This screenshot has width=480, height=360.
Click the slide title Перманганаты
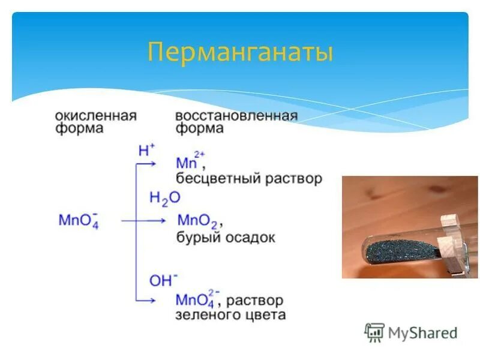pos(239,52)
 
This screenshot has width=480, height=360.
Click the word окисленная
pos(95,115)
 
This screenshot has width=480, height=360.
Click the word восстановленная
pos(236,115)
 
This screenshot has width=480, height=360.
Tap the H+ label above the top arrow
pos(146,151)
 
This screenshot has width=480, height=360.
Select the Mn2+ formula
pos(191,162)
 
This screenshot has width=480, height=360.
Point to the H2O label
pos(164,198)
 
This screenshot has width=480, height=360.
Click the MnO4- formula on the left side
pos(78,220)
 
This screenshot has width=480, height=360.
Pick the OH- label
pos(163,280)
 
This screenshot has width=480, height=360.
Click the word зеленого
pos(205,315)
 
